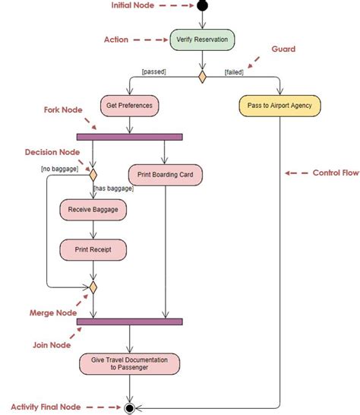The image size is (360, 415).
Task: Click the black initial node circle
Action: (x=201, y=6)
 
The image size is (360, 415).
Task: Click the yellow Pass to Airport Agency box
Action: (x=279, y=106)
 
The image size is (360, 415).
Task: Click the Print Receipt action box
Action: (x=93, y=249)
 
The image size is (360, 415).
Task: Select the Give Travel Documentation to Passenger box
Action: (x=129, y=363)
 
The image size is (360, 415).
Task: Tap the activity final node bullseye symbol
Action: (x=130, y=407)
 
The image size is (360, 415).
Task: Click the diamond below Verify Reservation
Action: (x=202, y=77)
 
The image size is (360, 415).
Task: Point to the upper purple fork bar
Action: (x=129, y=137)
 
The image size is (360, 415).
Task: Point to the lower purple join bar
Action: (x=129, y=322)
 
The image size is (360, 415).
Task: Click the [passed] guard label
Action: (x=153, y=72)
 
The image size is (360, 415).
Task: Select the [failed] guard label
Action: (x=234, y=72)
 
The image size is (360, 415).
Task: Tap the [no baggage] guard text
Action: (x=59, y=169)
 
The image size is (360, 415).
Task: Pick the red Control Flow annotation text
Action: (x=334, y=173)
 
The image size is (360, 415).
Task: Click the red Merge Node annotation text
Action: (x=52, y=312)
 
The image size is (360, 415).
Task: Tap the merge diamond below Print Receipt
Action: (x=93, y=287)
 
